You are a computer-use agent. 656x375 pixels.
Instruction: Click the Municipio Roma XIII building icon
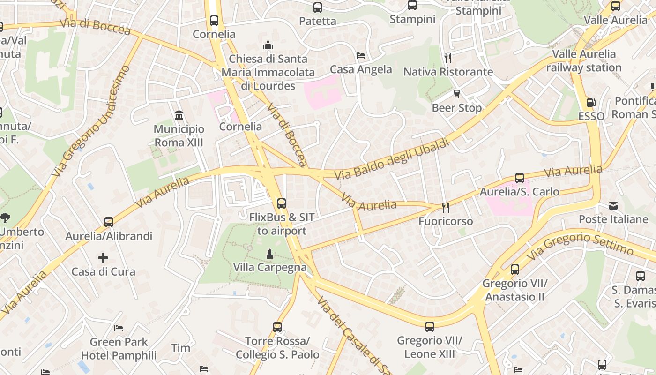click(x=179, y=115)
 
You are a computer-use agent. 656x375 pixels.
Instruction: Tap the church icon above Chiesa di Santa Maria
click(x=268, y=45)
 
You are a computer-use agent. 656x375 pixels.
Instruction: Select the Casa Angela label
click(x=361, y=69)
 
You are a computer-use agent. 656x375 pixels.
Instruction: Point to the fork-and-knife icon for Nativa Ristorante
click(x=448, y=58)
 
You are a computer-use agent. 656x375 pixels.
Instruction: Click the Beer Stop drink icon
click(x=457, y=94)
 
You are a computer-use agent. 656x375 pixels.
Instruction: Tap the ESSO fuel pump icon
click(x=591, y=103)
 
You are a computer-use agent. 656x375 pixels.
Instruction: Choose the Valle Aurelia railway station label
click(x=584, y=60)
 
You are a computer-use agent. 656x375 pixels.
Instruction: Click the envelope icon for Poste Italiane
click(x=613, y=205)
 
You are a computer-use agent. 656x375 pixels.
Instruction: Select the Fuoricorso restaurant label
click(x=446, y=221)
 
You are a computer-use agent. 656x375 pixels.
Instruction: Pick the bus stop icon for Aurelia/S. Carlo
click(x=519, y=178)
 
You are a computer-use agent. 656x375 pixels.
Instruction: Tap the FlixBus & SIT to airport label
click(x=282, y=224)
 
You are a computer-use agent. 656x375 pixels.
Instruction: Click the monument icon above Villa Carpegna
click(x=269, y=254)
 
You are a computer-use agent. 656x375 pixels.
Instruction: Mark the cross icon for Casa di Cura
click(x=103, y=257)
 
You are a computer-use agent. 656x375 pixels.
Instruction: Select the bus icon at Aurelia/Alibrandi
click(x=109, y=222)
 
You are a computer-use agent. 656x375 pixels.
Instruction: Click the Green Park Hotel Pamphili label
click(x=119, y=349)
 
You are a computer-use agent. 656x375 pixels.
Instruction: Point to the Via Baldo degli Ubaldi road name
click(x=392, y=159)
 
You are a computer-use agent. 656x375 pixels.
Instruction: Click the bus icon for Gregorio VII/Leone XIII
click(x=429, y=326)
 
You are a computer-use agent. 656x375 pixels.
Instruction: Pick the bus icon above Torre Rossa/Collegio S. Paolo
click(x=277, y=327)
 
